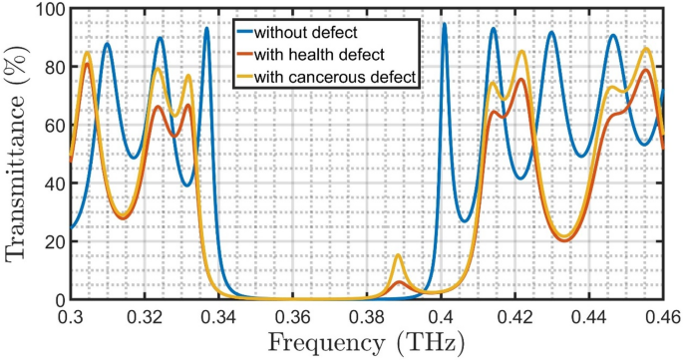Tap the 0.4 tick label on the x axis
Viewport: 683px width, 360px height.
[x=441, y=317]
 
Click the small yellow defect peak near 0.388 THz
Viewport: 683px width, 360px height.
[x=398, y=256]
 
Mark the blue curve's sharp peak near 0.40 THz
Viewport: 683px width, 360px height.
[x=444, y=25]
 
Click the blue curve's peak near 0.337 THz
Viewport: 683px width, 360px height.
[x=206, y=29]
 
